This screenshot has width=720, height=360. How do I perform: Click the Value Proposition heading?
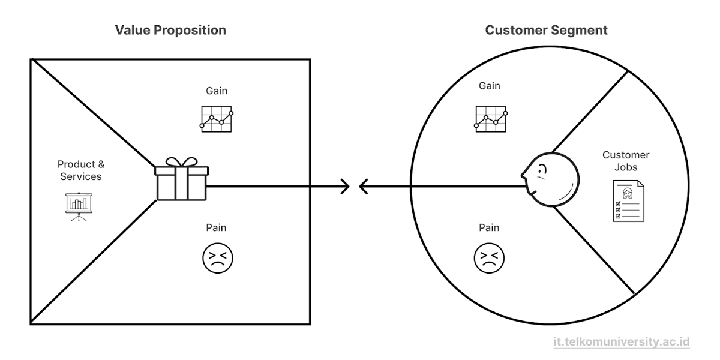(x=170, y=30)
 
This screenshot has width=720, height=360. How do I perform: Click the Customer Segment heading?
(x=546, y=30)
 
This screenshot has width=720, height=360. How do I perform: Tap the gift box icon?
(x=181, y=182)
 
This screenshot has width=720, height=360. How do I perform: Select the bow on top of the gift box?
(x=181, y=162)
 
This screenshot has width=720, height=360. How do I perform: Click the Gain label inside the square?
(x=217, y=91)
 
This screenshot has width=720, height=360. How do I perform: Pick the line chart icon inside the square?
(x=216, y=119)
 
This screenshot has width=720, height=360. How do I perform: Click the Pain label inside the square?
(x=217, y=227)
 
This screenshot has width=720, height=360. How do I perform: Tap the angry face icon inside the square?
(x=217, y=259)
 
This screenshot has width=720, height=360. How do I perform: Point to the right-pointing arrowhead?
(x=344, y=187)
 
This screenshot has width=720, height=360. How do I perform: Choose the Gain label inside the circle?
(x=490, y=86)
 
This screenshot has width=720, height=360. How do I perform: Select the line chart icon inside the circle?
(x=491, y=118)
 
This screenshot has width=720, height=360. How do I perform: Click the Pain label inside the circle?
(x=489, y=227)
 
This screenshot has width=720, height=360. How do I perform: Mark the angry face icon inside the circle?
(x=489, y=259)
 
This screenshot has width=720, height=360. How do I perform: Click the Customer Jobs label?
(x=626, y=161)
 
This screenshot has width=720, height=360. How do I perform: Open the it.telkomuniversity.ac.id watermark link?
(x=622, y=341)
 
